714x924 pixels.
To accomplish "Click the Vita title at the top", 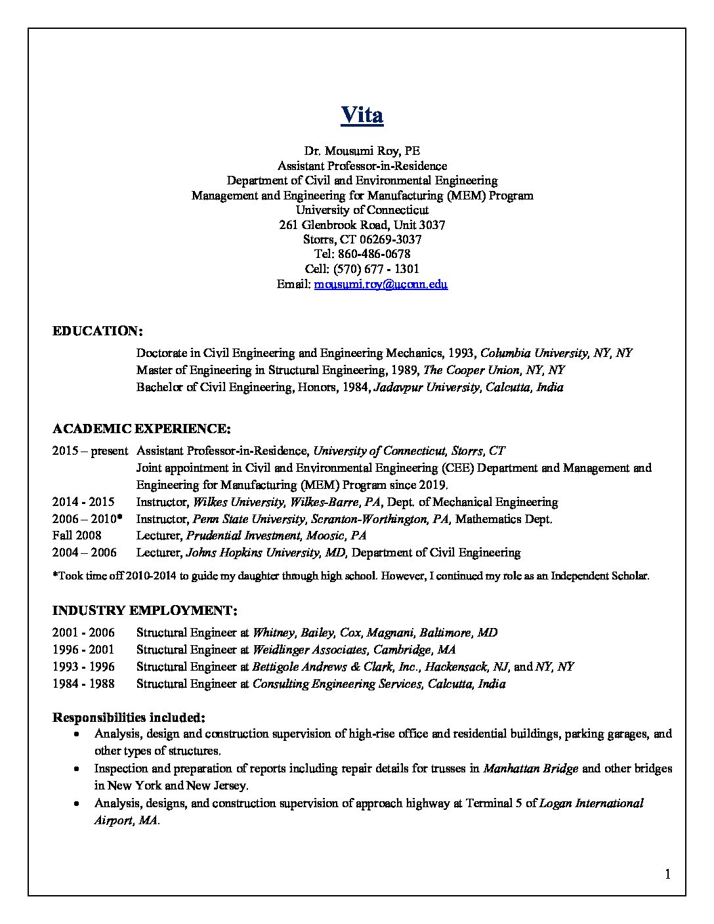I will [362, 115].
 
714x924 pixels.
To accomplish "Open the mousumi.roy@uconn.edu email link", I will [381, 284].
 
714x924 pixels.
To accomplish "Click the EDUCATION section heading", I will [97, 331].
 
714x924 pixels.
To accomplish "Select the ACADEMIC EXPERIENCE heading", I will [141, 429].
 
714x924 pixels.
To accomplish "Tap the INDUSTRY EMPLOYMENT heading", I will [144, 611].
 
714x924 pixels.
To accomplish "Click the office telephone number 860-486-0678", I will [373, 254].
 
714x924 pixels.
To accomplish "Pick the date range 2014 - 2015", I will [83, 502].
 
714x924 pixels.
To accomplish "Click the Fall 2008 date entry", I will [77, 535].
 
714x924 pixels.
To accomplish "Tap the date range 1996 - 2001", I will [83, 650].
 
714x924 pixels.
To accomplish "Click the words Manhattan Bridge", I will [530, 768].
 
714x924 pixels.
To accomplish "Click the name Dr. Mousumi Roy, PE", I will [362, 151].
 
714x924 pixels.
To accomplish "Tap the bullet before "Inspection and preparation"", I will [78, 768].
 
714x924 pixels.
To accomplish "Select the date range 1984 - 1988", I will [83, 684].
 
